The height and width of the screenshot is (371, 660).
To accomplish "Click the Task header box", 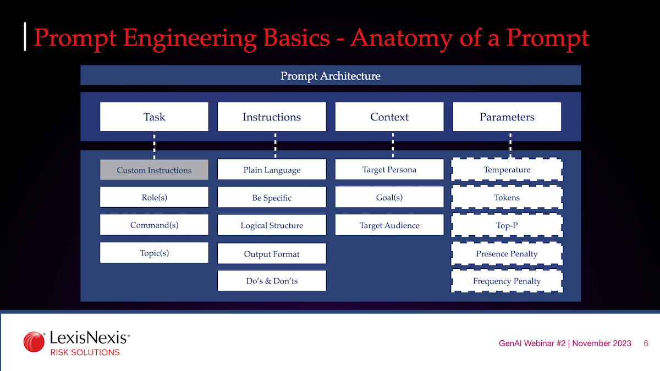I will pos(154,117).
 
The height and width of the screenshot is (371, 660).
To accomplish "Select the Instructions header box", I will pos(272,117).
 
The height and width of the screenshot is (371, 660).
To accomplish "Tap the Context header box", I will pos(389,117).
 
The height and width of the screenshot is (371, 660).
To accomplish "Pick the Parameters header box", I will pos(507,117).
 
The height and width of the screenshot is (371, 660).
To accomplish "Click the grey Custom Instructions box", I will pos(154,170).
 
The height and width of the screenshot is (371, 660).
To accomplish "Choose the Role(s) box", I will pos(154,197).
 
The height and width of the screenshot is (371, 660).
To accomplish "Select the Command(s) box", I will pos(154,225).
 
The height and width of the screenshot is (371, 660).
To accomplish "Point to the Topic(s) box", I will pos(154,253).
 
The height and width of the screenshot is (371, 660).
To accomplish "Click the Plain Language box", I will pos(272,170).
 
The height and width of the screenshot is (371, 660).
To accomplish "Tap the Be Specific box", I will pos(272,197).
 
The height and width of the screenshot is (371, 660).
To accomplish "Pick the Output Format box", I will pos(272,254).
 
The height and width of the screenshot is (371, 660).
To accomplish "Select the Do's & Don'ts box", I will pos(272,281).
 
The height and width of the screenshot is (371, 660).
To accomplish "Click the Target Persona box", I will pos(389,170).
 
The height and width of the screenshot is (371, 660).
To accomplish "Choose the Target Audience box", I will pos(389,225).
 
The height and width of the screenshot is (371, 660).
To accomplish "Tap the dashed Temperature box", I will pos(507,170).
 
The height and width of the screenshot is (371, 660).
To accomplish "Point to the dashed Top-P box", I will pos(507,225).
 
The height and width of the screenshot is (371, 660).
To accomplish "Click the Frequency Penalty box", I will pos(507,281).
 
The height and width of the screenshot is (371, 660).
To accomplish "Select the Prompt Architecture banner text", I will pos(330,76).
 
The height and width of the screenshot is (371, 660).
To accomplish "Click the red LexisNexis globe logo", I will pos(34,342).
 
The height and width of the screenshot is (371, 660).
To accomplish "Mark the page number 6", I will pos(646,343).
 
